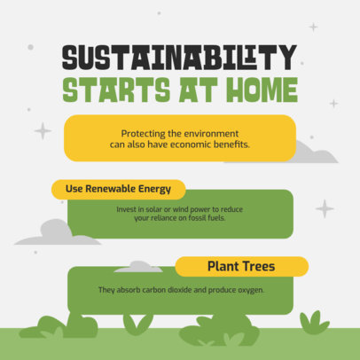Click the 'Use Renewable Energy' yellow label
tap(118, 189)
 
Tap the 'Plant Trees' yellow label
tap(241, 266)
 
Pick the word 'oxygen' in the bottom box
tap(248, 290)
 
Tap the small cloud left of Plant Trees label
tap(138, 266)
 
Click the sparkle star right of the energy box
tap(325, 208)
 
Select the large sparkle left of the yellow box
tap(43, 130)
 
